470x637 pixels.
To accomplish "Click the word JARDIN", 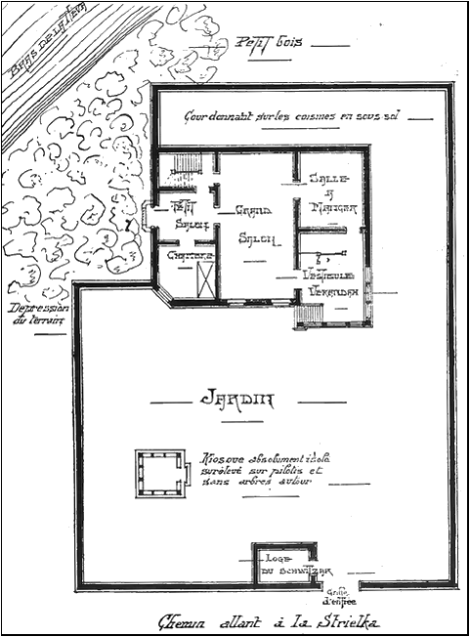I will point(237,400).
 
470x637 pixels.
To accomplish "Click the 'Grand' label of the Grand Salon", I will point(253,209).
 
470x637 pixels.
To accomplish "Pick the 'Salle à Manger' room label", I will point(333,194).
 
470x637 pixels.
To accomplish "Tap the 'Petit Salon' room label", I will point(182,215).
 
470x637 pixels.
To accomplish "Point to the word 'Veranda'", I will point(335,291).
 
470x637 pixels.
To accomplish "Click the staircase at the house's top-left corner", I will point(182,168).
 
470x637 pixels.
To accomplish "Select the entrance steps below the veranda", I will point(309,316).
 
